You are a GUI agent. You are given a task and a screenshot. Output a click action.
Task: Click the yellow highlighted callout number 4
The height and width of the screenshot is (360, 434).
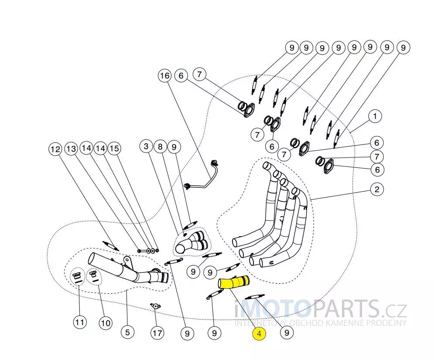click(x=259, y=334)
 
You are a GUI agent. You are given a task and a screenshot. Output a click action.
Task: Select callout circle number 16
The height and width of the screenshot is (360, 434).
click(x=164, y=76)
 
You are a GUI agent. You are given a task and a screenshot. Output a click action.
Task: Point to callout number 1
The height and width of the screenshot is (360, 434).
click(x=375, y=116)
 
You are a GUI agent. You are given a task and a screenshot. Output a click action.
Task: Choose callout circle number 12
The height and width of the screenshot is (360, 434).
click(x=55, y=149)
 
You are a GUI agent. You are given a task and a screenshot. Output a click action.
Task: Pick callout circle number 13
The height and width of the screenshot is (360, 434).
click(x=71, y=149)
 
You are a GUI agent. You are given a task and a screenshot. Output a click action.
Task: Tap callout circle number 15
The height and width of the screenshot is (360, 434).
click(x=114, y=148)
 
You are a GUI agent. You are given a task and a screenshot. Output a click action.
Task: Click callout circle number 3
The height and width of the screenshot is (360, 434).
click(x=147, y=146)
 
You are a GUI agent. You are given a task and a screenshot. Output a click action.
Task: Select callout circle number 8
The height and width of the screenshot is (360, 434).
click(x=160, y=147)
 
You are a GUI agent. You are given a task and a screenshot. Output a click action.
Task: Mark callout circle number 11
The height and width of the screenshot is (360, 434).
click(x=79, y=323)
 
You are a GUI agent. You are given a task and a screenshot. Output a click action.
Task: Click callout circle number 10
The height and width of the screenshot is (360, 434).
click(x=105, y=323)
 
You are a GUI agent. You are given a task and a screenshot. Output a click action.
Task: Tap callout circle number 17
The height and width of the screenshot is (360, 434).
click(x=157, y=333)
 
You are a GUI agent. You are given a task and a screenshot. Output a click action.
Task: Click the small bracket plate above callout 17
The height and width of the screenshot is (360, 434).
click(x=155, y=306)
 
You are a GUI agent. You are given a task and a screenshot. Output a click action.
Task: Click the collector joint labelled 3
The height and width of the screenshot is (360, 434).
click(x=191, y=242)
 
